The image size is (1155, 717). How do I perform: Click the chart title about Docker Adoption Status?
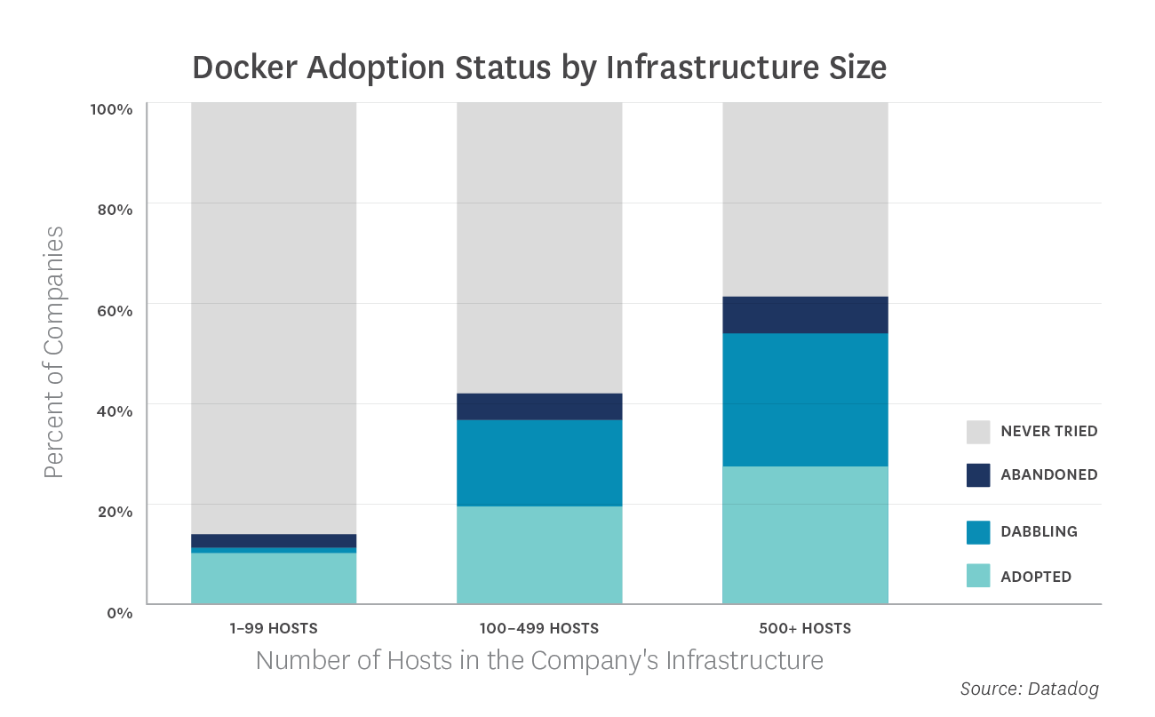tap(539, 68)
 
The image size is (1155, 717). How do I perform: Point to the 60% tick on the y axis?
tap(113, 310)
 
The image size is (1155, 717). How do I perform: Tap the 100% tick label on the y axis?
tap(111, 109)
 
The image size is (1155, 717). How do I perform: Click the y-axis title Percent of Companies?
tap(55, 352)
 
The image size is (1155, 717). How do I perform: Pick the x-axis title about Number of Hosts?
tap(539, 661)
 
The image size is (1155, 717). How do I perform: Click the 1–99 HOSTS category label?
tap(273, 629)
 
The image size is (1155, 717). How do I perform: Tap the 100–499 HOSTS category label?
tap(539, 629)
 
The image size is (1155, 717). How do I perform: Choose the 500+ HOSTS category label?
tap(805, 629)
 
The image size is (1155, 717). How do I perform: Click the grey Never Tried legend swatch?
tap(978, 432)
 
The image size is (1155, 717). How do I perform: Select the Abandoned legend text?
tap(1048, 474)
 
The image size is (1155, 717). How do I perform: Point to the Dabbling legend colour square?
tap(978, 532)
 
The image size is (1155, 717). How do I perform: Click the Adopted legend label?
tap(1036, 577)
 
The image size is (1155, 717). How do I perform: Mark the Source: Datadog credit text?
tap(1030, 689)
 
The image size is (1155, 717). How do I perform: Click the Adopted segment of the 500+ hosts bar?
tap(805, 535)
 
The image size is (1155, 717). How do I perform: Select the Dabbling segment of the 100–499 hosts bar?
tap(539, 463)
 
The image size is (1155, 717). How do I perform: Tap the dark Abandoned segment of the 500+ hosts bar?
tap(805, 315)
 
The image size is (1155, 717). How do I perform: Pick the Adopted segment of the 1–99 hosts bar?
tap(274, 578)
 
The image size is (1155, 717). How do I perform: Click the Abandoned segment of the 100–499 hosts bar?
tap(539, 406)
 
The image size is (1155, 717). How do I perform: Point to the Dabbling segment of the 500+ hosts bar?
tap(805, 400)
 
